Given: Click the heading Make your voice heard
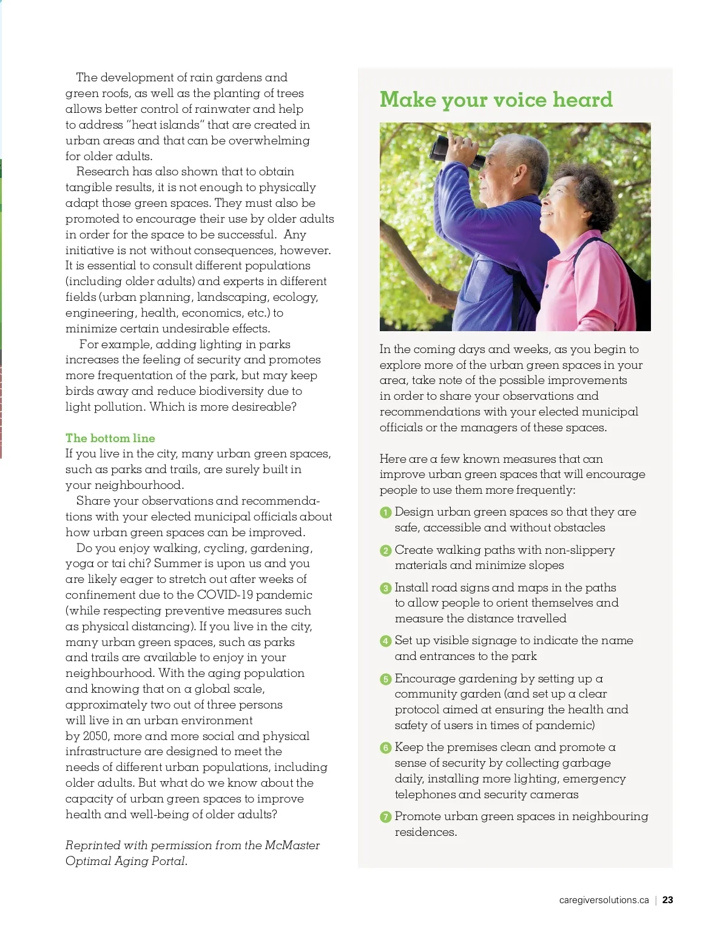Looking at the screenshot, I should point(496,99).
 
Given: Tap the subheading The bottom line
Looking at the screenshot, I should point(110,438).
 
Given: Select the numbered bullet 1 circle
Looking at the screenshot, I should point(385,513).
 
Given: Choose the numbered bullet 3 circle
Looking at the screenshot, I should point(385,588).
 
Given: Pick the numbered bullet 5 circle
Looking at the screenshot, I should point(385,679).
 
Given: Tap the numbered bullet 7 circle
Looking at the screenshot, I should point(385,817).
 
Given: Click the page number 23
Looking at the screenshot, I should point(667,900).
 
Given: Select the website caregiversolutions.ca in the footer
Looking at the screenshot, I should point(604,900).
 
